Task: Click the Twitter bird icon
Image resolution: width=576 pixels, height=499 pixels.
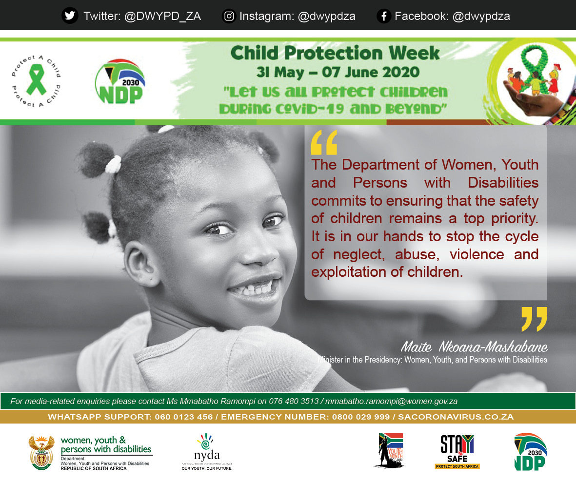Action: pyautogui.click(x=70, y=16)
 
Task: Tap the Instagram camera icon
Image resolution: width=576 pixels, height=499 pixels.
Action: pyautogui.click(x=229, y=16)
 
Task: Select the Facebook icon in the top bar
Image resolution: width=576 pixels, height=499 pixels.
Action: pyautogui.click(x=384, y=16)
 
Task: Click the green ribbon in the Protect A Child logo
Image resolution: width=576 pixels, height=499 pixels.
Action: pyautogui.click(x=36, y=81)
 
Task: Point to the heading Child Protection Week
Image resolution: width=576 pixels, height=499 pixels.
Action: pyautogui.click(x=335, y=53)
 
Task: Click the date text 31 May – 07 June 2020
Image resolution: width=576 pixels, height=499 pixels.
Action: pyautogui.click(x=338, y=72)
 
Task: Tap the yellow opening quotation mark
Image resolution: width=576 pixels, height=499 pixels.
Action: pyautogui.click(x=324, y=143)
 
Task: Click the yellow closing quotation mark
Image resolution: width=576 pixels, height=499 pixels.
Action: pyautogui.click(x=534, y=319)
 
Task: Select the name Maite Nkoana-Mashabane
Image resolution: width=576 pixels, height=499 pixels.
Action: pyautogui.click(x=474, y=346)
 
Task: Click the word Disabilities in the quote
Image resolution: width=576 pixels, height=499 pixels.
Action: pyautogui.click(x=503, y=183)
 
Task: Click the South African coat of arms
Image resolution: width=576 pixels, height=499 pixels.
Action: pyautogui.click(x=41, y=452)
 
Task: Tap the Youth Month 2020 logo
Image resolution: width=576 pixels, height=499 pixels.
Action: pyautogui.click(x=390, y=450)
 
